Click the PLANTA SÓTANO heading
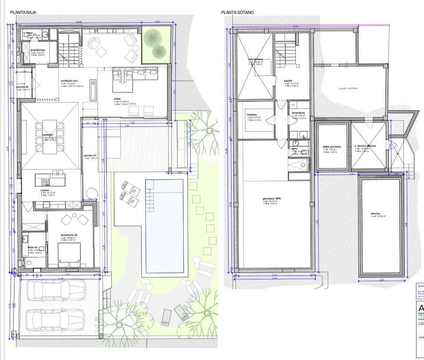[238, 13]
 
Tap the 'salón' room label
[117, 99]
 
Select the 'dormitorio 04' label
[69, 235]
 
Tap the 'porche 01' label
[90, 156]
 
